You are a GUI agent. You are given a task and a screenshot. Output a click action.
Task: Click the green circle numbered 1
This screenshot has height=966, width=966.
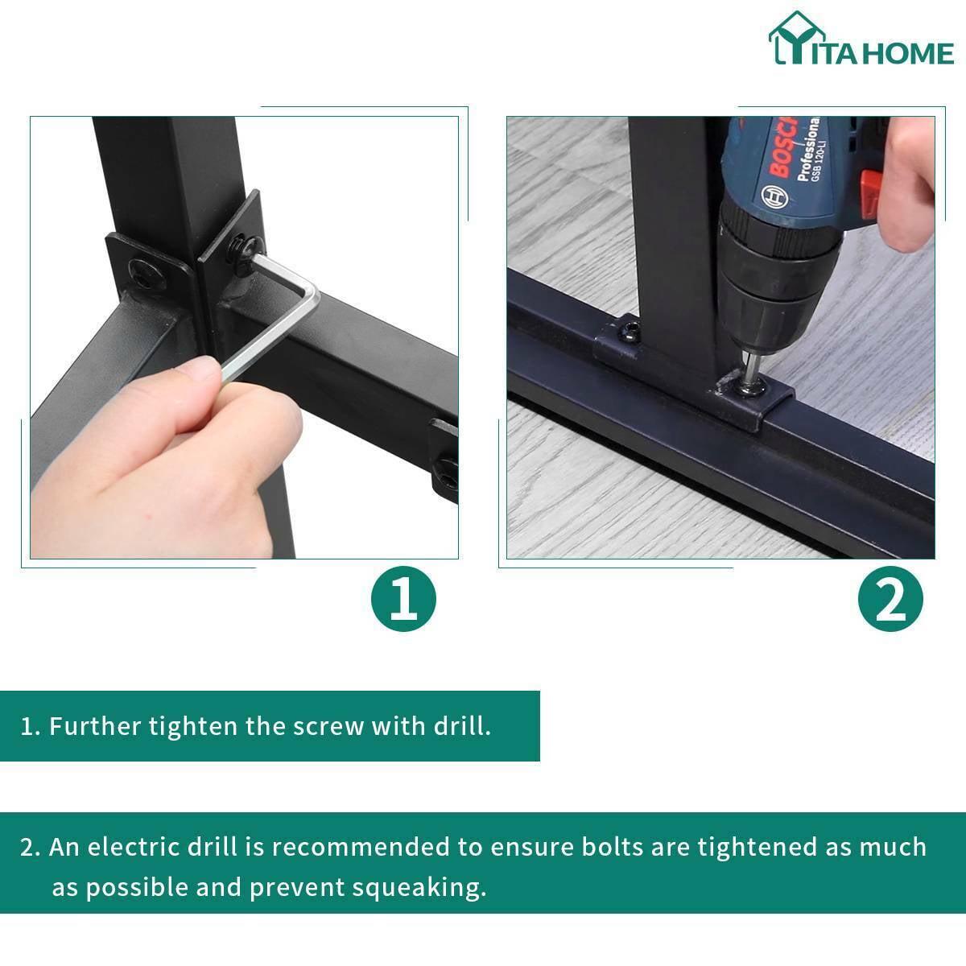[x=403, y=599]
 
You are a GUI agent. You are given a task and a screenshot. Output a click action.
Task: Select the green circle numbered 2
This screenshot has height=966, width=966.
[x=890, y=599]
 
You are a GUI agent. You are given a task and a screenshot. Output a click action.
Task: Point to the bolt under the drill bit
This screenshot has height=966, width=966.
[x=749, y=387]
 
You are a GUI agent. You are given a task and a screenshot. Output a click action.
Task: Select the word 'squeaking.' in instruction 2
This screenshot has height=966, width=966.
[x=419, y=888]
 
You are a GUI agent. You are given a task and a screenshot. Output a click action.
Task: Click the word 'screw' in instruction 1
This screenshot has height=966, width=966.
[x=328, y=727]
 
